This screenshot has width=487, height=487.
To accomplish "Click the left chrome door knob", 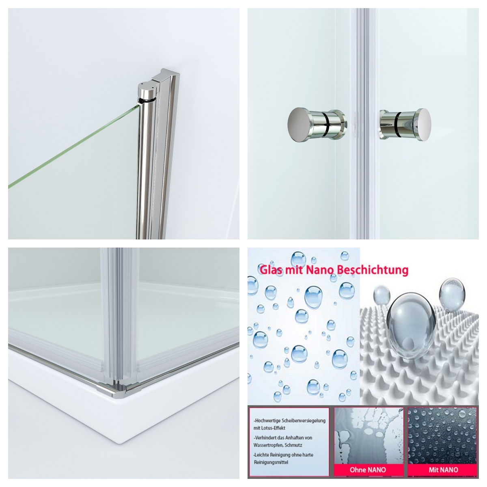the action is pos(317,124).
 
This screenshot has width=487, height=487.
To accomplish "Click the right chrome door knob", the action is pos(405,125).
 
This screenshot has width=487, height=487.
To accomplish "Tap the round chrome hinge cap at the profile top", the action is pos(147,93).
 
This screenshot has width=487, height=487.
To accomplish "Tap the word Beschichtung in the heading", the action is pos(373,270).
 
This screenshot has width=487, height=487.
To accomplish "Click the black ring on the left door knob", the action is pos(327,124).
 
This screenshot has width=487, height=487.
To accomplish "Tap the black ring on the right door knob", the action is pos(398,124).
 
